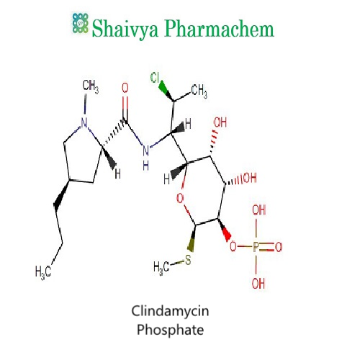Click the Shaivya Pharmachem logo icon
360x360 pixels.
pos(81,23)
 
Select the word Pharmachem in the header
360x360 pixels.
pos(220,28)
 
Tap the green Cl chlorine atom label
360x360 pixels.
pos(155,78)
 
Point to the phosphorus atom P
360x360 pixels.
pos(256,247)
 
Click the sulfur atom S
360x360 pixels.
pos(188,260)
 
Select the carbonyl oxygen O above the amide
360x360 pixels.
pos(125,88)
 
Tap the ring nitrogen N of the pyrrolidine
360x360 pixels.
pos(84,123)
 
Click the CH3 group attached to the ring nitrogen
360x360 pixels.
pos(91,86)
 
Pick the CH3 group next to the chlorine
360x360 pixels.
pos(199,91)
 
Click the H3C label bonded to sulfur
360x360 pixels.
pos(161,267)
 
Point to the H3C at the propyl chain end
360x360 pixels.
pos(43,272)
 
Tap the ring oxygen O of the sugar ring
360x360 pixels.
pos(180,198)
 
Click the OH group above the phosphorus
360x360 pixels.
pos(258,210)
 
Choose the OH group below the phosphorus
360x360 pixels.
pos(258,284)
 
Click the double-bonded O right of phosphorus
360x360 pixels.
pos(279,247)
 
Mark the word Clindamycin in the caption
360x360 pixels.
pos(170,311)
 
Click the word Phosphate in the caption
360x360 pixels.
pos(171,330)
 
